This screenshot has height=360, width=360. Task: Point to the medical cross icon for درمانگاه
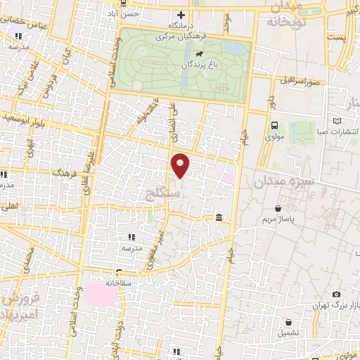[x=181, y=15]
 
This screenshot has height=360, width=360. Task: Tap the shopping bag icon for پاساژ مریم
[x=279, y=208]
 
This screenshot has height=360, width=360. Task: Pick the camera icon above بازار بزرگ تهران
[x=337, y=295]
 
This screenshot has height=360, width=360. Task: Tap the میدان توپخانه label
[x=285, y=13]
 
